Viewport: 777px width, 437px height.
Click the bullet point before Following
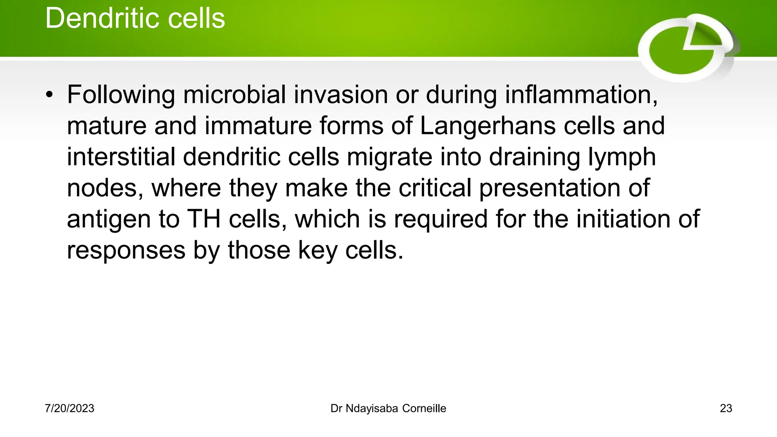click(x=49, y=96)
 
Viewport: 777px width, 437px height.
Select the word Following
click(x=121, y=95)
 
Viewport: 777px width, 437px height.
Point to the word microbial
click(x=234, y=94)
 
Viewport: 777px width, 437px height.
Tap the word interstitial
click(x=121, y=157)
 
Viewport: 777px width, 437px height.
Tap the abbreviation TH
click(x=204, y=219)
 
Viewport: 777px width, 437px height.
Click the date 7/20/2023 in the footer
click(x=69, y=409)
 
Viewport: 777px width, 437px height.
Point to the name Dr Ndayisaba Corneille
click(x=388, y=409)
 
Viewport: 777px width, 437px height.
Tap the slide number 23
click(x=726, y=409)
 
